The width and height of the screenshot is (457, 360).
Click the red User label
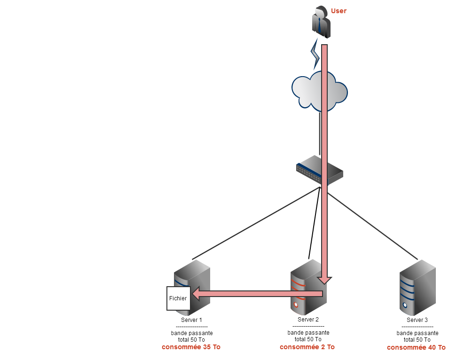[339, 11]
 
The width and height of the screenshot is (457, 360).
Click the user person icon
[321, 22]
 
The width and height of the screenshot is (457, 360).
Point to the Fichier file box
[178, 298]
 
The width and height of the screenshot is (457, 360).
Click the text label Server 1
[191, 320]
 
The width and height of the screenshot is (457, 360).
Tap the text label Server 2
[308, 320]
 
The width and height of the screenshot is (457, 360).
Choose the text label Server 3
[417, 320]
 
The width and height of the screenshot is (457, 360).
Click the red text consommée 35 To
[191, 347]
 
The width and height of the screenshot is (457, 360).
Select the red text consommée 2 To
[307, 347]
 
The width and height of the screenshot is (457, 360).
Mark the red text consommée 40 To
[416, 348]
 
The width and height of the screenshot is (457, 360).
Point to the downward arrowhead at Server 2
[324, 280]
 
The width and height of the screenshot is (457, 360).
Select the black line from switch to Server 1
[254, 223]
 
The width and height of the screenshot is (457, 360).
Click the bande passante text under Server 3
[417, 333]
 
